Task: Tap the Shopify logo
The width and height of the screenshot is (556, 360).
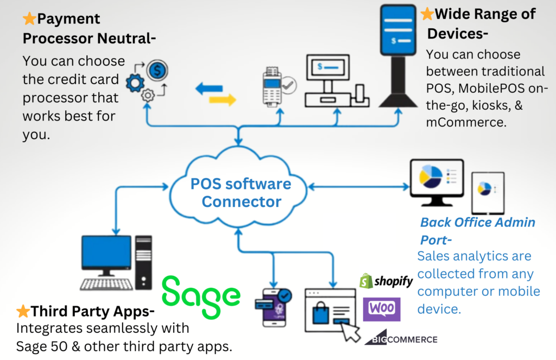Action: pyautogui.click(x=386, y=281)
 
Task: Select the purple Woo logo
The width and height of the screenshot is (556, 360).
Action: pyautogui.click(x=381, y=308)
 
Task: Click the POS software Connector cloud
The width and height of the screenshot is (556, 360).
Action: pyautogui.click(x=241, y=192)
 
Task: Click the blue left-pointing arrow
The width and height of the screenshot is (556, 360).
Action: pyautogui.click(x=209, y=89)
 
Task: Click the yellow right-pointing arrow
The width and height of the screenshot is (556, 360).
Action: pyautogui.click(x=223, y=99)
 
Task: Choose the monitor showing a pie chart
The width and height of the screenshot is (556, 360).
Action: pyautogui.click(x=438, y=182)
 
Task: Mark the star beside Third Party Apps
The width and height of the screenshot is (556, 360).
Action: pyautogui.click(x=23, y=311)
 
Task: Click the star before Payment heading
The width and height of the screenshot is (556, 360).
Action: pyautogui.click(x=29, y=19)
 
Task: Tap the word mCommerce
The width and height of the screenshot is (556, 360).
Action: pyautogui.click(x=466, y=123)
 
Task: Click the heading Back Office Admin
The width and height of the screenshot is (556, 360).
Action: pyautogui.click(x=478, y=222)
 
